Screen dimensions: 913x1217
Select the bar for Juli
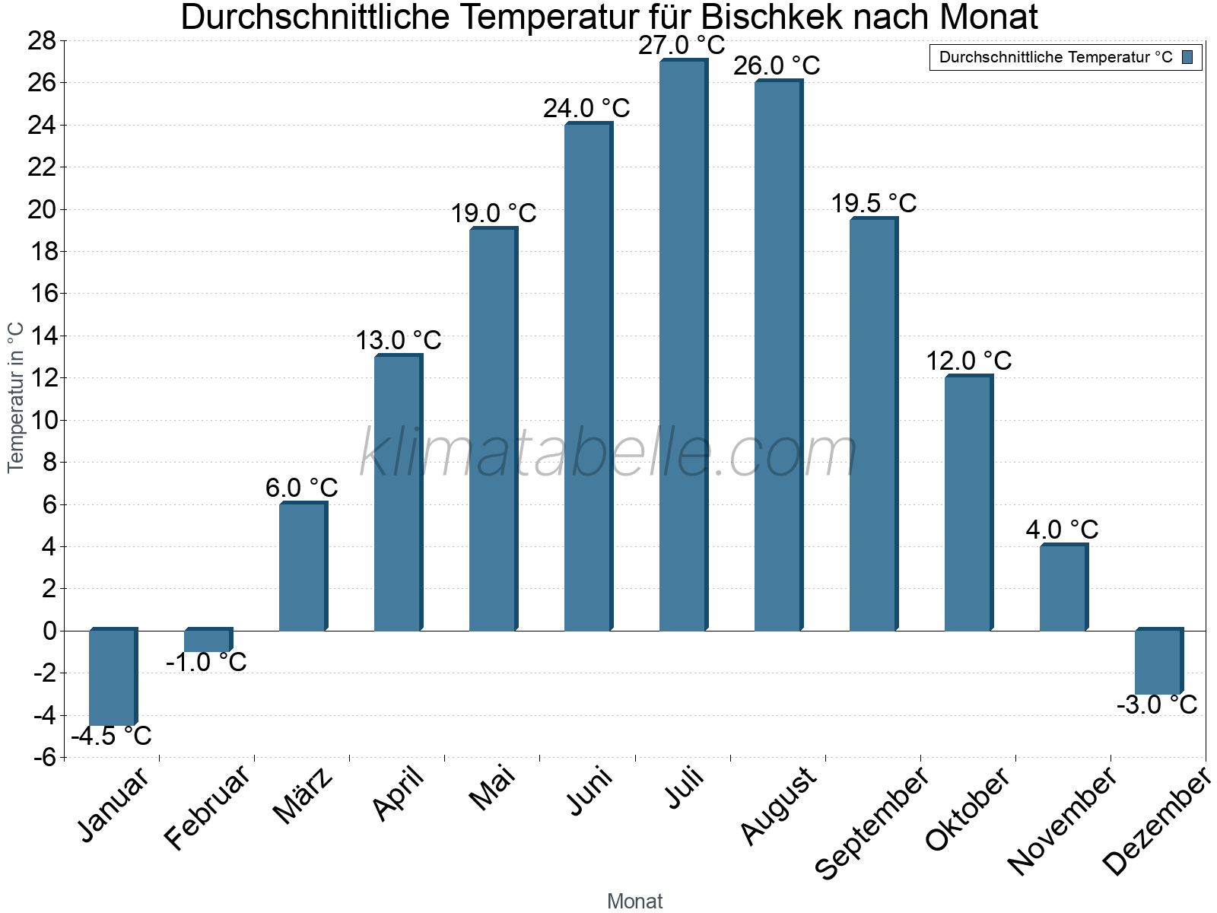tap(682, 346)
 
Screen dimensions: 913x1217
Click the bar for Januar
tap(112, 677)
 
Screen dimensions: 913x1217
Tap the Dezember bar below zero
tap(1158, 661)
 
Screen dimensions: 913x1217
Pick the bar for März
tap(302, 567)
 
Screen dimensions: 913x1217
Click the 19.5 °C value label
tap(873, 203)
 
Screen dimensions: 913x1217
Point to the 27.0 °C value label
tap(682, 46)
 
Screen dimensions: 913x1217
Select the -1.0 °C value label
tap(206, 662)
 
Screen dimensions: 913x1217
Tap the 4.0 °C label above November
tap(1062, 529)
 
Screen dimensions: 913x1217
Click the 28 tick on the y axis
tap(43, 41)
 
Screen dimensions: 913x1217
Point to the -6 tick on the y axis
tap(44, 757)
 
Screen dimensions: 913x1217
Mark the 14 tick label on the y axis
tap(43, 336)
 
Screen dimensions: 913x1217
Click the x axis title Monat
tap(634, 901)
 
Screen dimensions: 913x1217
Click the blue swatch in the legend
tap(1187, 57)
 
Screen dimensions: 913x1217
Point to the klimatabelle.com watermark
tap(608, 453)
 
